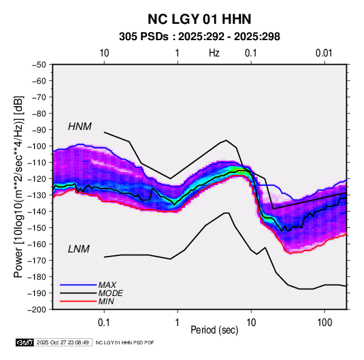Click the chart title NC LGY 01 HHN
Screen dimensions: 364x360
(199, 19)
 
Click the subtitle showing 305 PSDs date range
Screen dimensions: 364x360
(199, 37)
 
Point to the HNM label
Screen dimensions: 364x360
(80, 127)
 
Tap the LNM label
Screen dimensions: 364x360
(79, 249)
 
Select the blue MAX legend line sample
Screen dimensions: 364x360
(78, 284)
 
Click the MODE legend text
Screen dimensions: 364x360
(110, 293)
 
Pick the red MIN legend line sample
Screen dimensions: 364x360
(78, 301)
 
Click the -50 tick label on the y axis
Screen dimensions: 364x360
(39, 65)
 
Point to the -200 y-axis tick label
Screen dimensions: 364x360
(37, 310)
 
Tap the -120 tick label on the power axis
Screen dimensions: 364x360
(37, 179)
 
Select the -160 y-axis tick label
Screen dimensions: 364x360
(37, 244)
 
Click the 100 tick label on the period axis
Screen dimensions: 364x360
(325, 323)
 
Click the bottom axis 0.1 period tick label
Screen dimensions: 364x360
(104, 323)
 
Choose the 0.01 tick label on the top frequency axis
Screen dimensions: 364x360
(324, 53)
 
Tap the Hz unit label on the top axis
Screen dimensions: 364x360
(214, 53)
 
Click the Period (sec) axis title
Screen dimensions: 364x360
(214, 330)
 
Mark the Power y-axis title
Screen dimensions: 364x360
(18, 187)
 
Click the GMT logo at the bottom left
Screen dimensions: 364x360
(25, 342)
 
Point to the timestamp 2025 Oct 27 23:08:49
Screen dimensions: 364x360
(63, 342)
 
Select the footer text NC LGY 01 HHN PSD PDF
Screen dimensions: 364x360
(125, 342)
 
